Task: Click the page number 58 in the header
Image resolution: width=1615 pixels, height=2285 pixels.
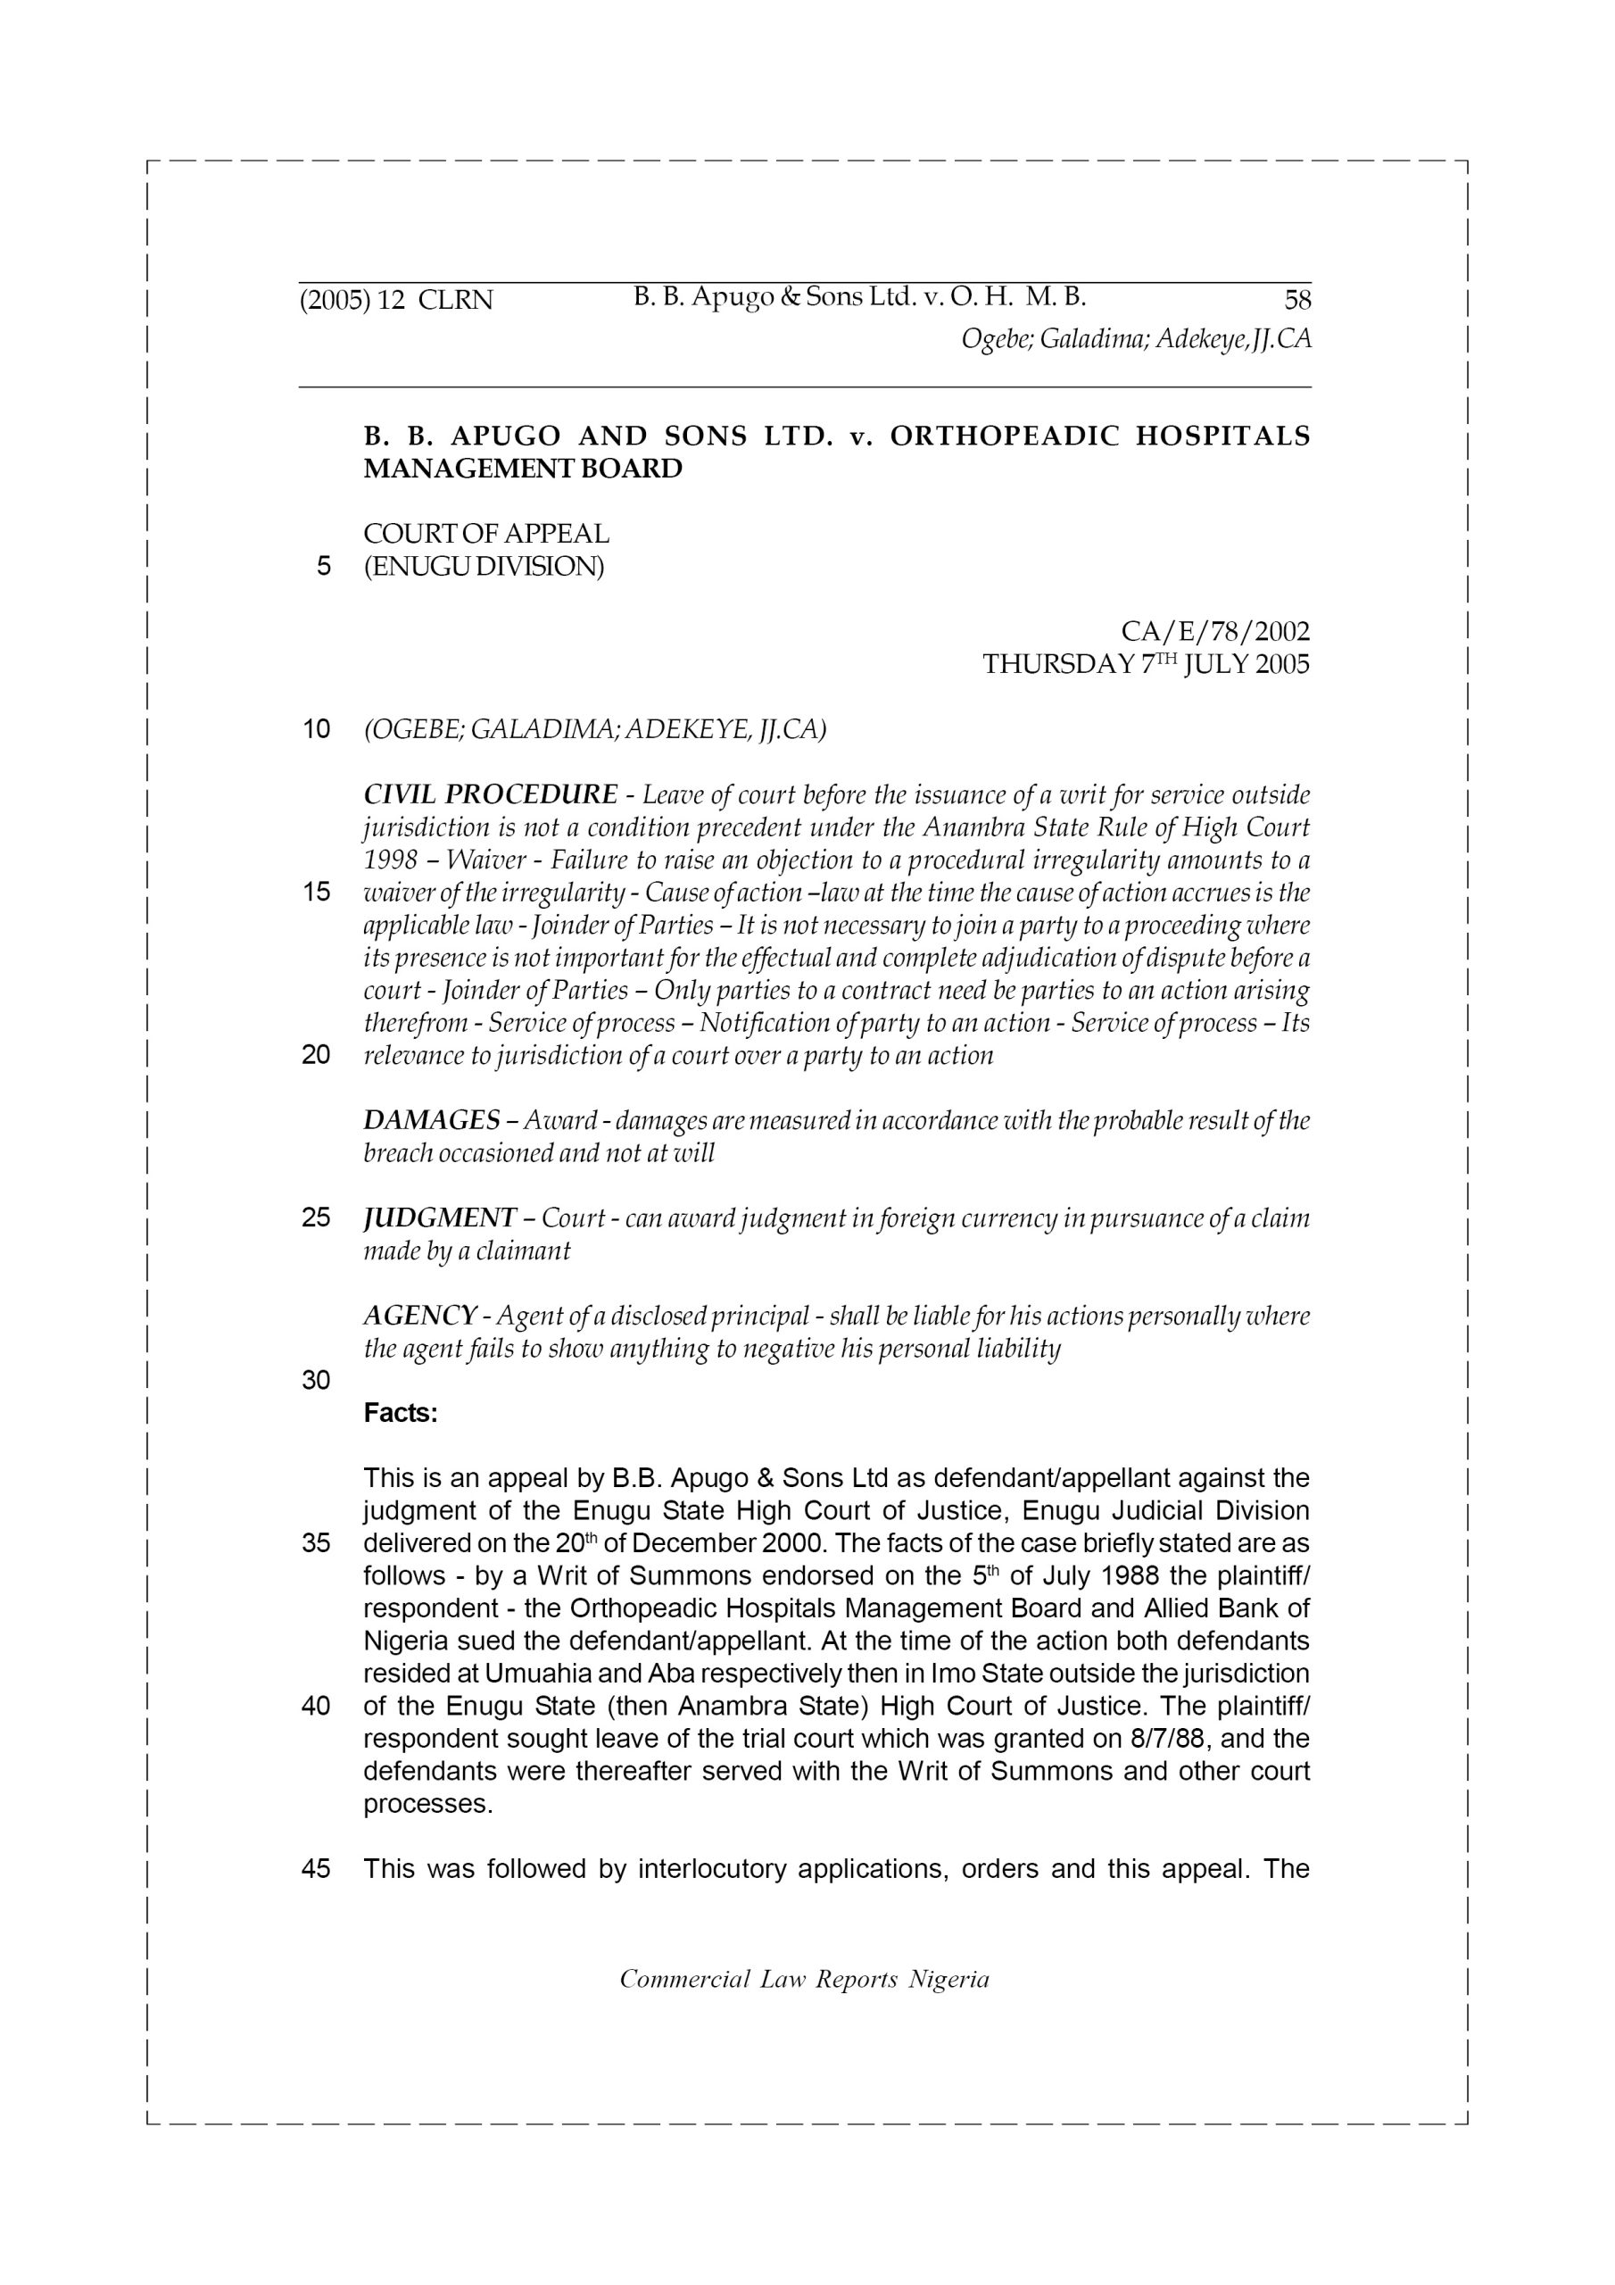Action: click(x=1297, y=300)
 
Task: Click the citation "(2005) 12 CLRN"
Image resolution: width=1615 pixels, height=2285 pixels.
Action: click(x=396, y=300)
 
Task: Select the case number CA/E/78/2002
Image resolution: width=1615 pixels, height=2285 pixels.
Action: click(x=1215, y=631)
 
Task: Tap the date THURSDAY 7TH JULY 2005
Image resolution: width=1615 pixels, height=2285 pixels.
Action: click(x=1146, y=664)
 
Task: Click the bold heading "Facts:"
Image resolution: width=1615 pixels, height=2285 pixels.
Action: click(x=400, y=1413)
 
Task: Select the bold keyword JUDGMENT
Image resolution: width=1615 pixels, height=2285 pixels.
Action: click(x=439, y=1218)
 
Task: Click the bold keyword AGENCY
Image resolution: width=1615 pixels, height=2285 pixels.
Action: click(x=419, y=1316)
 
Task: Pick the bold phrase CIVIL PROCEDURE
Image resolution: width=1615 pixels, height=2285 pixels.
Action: click(x=491, y=794)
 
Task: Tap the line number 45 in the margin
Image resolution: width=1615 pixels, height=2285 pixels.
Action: click(x=316, y=1869)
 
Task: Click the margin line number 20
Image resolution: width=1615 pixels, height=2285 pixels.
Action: click(x=316, y=1055)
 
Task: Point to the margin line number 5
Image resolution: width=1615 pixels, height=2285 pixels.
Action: click(x=322, y=566)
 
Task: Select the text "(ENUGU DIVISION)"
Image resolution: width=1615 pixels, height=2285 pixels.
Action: click(x=484, y=566)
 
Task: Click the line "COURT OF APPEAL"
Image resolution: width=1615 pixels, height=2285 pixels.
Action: click(x=486, y=534)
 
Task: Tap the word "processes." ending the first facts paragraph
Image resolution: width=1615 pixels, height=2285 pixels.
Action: click(x=428, y=1804)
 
